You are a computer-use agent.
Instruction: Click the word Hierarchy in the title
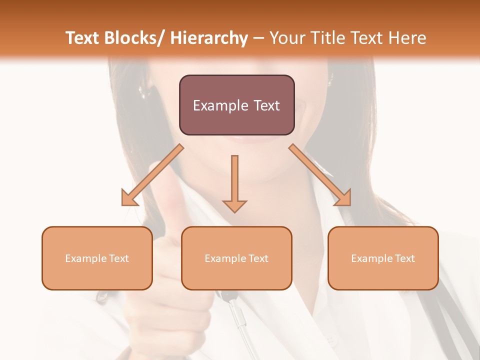pyautogui.click(x=209, y=38)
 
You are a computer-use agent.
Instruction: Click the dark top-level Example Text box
pyautogui.click(x=236, y=105)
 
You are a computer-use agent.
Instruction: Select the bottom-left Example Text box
pyautogui.click(x=97, y=258)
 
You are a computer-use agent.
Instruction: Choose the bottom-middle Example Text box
pyautogui.click(x=236, y=258)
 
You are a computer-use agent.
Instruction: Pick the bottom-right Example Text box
pyautogui.click(x=383, y=258)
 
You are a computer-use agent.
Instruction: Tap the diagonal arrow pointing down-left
pyautogui.click(x=152, y=175)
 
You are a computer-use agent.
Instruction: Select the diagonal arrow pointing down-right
pyautogui.click(x=320, y=175)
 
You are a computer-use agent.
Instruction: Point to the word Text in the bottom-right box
pyautogui.click(x=404, y=258)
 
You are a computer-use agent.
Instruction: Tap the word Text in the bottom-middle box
pyautogui.click(x=258, y=258)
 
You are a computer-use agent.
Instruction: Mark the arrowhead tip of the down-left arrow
pyautogui.click(x=123, y=204)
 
